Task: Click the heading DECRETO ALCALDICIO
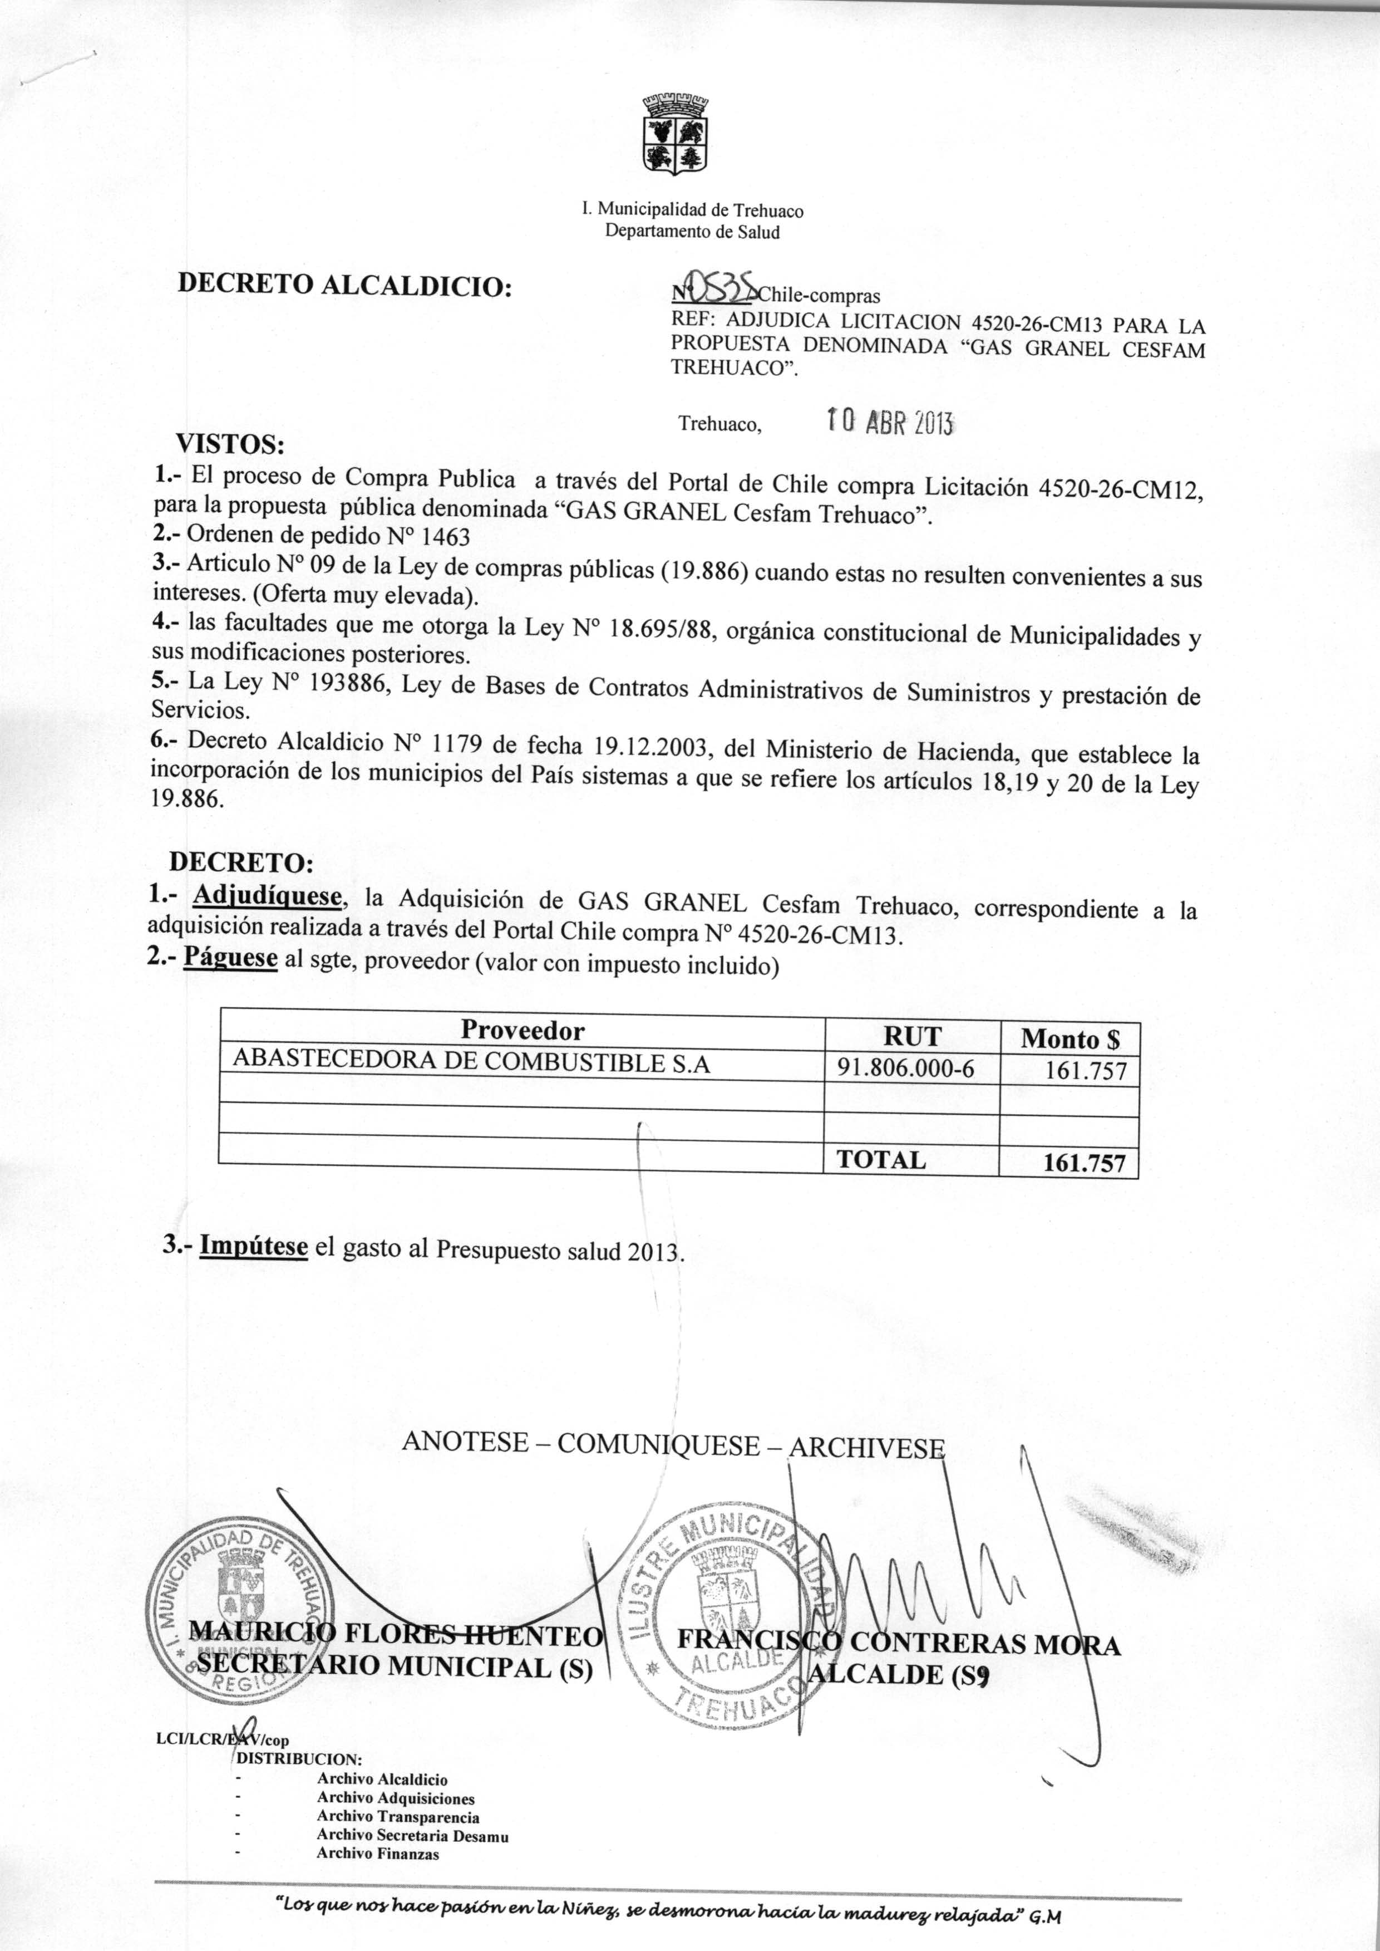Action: (x=344, y=286)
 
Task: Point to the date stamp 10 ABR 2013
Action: (x=890, y=421)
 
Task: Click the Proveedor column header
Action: (x=523, y=1030)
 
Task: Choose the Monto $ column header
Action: (x=1070, y=1039)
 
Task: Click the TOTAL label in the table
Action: (x=881, y=1160)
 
